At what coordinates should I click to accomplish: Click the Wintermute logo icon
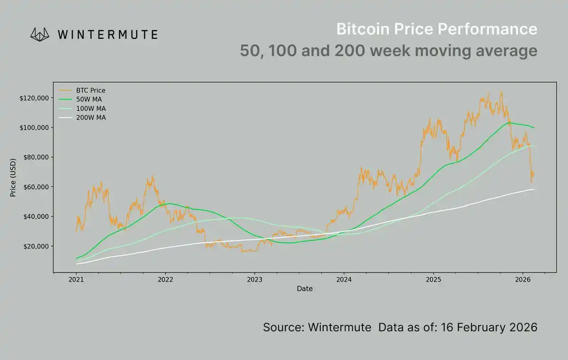40,34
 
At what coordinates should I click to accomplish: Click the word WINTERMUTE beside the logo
107,35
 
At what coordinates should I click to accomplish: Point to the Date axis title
305,288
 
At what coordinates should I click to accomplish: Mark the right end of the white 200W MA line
533,189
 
